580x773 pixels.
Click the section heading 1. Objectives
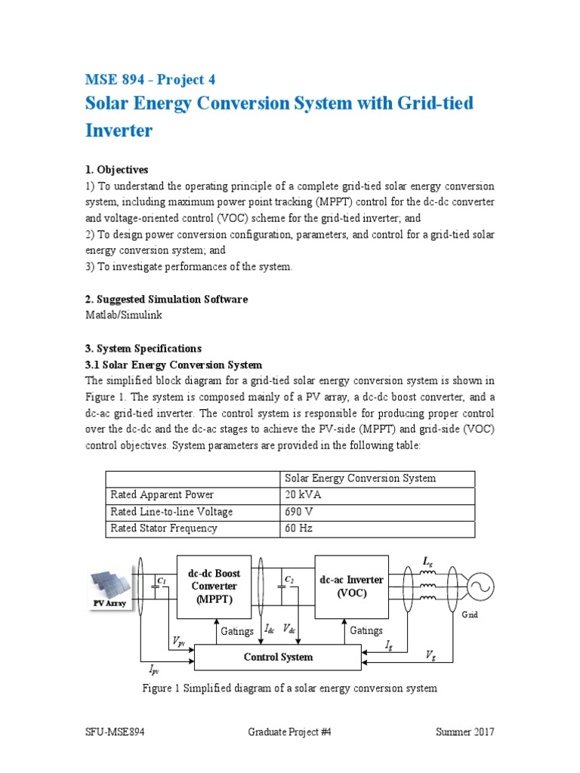click(x=116, y=169)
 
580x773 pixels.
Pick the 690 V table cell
click(x=298, y=512)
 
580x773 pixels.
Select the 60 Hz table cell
click(x=296, y=528)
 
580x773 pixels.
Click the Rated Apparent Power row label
click(x=162, y=495)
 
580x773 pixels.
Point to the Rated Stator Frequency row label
click(x=164, y=528)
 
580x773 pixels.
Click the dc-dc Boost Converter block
click(x=214, y=587)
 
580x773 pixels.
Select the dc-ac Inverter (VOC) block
click(x=351, y=586)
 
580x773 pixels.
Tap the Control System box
click(x=278, y=658)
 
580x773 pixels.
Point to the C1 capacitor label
click(x=162, y=579)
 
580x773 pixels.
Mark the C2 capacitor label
click(x=288, y=579)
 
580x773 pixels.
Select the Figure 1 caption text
click(x=290, y=688)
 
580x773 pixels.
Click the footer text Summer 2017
click(x=464, y=732)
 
